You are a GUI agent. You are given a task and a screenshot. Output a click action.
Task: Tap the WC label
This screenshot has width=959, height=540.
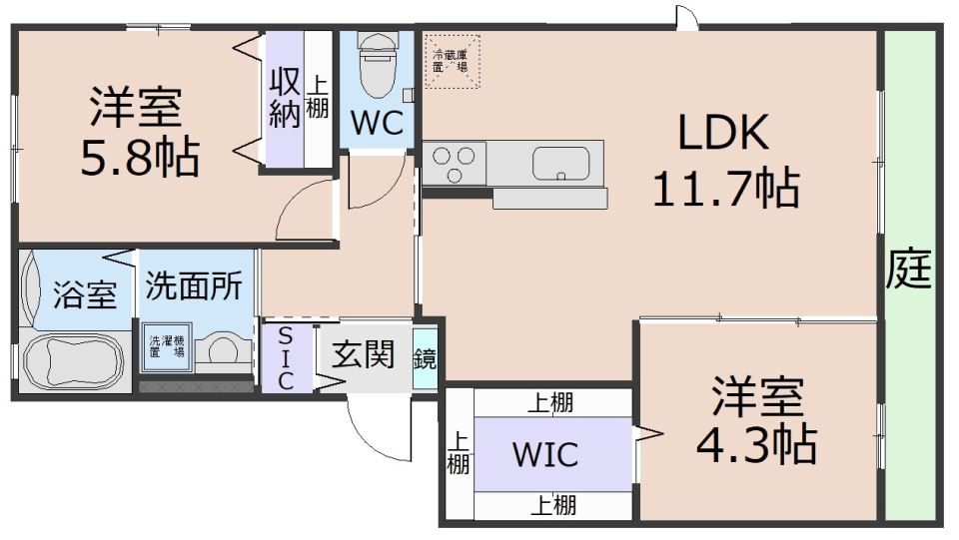pos(377,125)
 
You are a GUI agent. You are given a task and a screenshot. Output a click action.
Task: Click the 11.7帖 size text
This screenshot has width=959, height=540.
pos(724,187)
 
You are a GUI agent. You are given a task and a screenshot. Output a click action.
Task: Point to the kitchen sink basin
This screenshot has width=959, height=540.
pos(563,163)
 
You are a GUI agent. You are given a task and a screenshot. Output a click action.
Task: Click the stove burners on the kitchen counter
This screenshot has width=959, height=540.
pos(454,163)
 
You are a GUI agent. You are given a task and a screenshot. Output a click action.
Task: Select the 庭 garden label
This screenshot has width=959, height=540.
pos(909,271)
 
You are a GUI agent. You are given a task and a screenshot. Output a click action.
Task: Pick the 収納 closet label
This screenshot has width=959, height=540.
pos(285,98)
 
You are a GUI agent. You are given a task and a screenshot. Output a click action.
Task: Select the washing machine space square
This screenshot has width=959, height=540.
pos(167,347)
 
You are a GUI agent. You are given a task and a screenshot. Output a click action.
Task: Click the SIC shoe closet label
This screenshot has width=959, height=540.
pos(285,356)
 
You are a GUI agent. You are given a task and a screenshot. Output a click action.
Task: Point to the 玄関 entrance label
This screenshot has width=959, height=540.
pos(363,355)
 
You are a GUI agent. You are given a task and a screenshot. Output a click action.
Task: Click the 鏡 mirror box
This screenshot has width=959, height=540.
pos(426,358)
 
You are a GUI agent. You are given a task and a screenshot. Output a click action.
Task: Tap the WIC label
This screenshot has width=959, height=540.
pos(545,454)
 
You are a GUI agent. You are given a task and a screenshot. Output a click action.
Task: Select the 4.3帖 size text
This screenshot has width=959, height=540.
pos(756,444)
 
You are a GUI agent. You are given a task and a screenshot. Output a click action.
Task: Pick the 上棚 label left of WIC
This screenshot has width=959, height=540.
pos(459,452)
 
